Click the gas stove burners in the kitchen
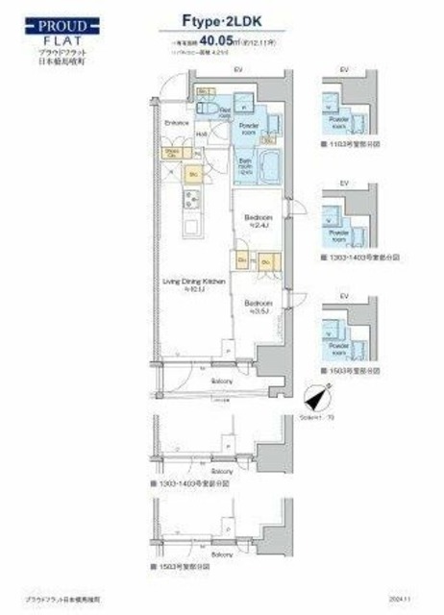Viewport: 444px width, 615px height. pyautogui.click(x=189, y=201)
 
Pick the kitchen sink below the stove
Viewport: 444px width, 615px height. pyautogui.click(x=189, y=229)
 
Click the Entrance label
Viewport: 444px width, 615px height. pyautogui.click(x=175, y=122)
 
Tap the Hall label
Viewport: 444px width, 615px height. pyautogui.click(x=202, y=134)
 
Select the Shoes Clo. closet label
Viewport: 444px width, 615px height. pyautogui.click(x=173, y=152)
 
